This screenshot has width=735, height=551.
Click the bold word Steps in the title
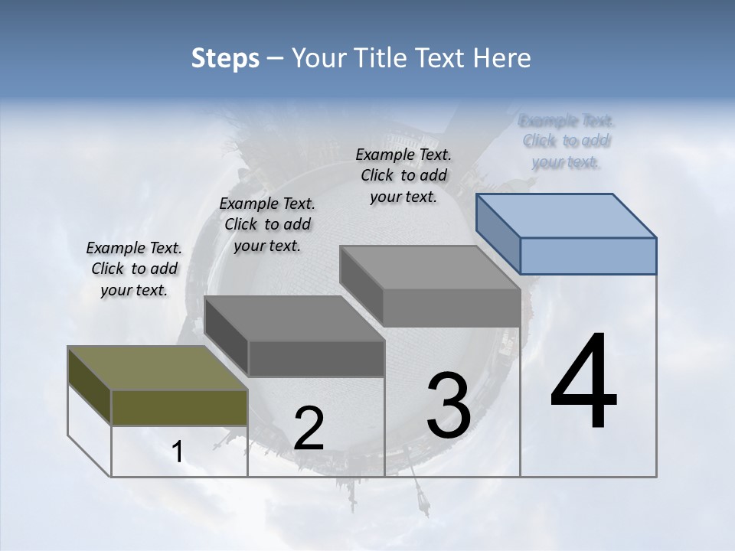(x=225, y=58)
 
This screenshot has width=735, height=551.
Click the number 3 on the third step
(x=449, y=405)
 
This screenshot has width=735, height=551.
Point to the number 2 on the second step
(x=309, y=429)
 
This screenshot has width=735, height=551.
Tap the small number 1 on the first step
(x=178, y=452)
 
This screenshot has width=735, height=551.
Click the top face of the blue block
(x=567, y=215)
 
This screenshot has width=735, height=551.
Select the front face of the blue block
(x=588, y=256)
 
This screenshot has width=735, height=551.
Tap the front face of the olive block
(x=179, y=407)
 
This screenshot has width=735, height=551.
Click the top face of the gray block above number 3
(x=430, y=268)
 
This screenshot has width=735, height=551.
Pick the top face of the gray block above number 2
(x=294, y=318)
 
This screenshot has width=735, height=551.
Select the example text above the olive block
(x=134, y=269)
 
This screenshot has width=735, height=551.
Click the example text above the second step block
(x=267, y=224)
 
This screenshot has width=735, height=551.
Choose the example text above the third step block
(x=403, y=175)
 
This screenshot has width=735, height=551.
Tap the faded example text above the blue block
(x=567, y=141)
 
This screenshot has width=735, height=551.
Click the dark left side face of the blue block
(x=498, y=233)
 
